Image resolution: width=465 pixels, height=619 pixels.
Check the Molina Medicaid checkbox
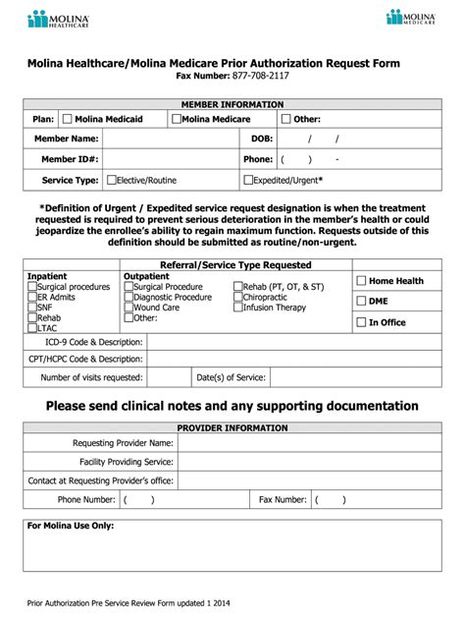click(67, 119)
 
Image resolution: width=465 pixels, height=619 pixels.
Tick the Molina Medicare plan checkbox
click(176, 119)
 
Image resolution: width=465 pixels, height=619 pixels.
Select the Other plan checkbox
click(286, 119)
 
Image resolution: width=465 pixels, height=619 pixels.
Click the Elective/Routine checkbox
click(111, 180)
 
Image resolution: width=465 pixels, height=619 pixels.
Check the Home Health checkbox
click(360, 281)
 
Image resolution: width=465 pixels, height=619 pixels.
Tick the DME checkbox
click(360, 302)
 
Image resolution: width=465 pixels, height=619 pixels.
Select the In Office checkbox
click(360, 321)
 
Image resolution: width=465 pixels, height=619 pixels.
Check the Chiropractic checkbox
click(237, 297)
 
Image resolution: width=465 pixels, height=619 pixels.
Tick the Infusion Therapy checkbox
click(237, 308)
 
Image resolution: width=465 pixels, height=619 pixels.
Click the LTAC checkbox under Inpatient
click(32, 328)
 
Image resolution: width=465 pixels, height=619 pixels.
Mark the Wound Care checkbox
click(129, 308)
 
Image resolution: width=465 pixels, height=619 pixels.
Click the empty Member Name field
click(172, 139)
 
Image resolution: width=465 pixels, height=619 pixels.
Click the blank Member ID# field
click(172, 158)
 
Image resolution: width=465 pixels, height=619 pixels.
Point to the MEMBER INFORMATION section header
click(232, 103)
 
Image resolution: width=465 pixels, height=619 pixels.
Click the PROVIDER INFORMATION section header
click(232, 428)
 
